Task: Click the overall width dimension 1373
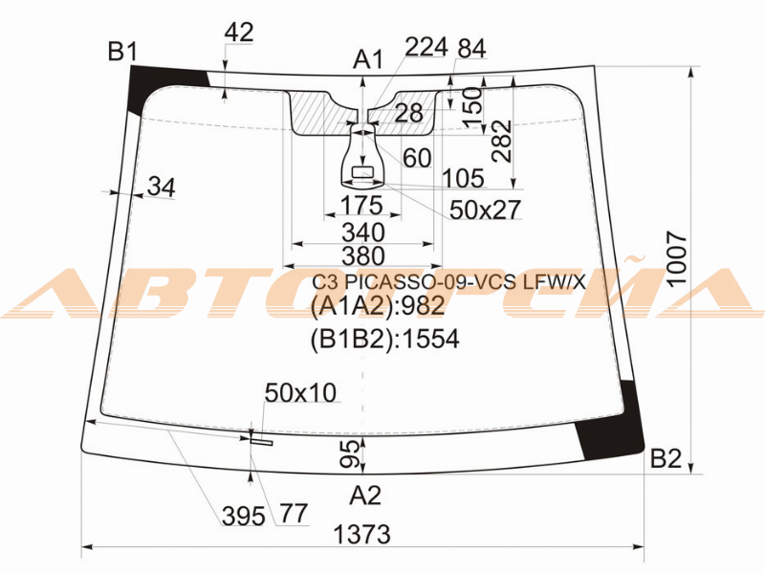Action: (x=362, y=535)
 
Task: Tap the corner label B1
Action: (x=123, y=52)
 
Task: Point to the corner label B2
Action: (x=666, y=459)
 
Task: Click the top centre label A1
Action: (x=369, y=60)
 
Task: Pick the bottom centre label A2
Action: (x=365, y=496)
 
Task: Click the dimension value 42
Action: (x=238, y=33)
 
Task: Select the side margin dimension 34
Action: (x=162, y=187)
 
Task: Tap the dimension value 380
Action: (x=363, y=255)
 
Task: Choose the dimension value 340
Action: (x=363, y=232)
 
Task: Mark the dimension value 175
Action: (x=361, y=205)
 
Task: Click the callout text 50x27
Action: (x=485, y=210)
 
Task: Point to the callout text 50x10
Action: (x=300, y=392)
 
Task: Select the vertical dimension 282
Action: (x=502, y=141)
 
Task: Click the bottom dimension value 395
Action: (x=244, y=516)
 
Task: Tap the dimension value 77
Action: (x=294, y=513)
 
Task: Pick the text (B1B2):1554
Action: (x=385, y=340)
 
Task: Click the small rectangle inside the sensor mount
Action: (x=362, y=172)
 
